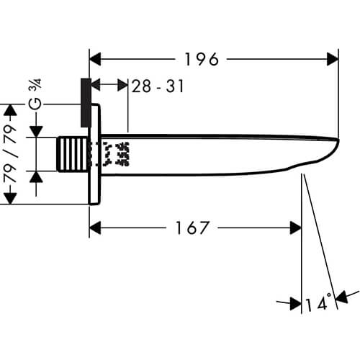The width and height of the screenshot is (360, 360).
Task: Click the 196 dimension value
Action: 202,59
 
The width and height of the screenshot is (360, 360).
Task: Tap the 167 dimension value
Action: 192,228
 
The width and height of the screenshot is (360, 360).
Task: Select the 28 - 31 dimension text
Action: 158,86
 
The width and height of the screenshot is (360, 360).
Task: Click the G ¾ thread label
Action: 35,94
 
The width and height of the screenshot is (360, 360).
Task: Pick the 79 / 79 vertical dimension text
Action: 11,154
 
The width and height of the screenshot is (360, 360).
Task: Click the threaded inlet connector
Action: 73,154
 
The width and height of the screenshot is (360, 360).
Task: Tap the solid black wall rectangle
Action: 86,102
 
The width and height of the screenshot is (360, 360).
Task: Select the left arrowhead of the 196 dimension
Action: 95,59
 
